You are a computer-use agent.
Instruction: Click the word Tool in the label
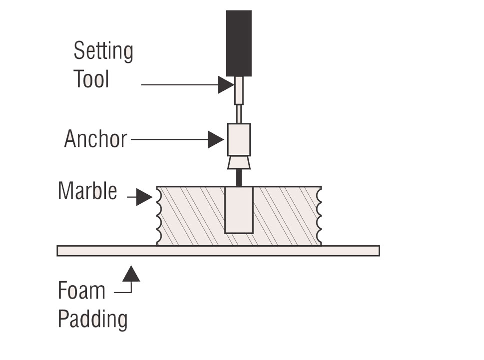[x=91, y=78]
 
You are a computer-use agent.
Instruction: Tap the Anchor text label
[x=95, y=139]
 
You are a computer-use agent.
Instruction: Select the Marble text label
[x=87, y=191]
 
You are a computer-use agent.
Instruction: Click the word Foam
[x=81, y=291]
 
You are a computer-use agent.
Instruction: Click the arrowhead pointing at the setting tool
[x=226, y=85]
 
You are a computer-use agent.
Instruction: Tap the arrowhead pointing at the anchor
[x=215, y=140]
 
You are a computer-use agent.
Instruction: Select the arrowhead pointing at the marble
[x=144, y=198]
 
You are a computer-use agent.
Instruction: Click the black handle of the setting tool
[x=239, y=43]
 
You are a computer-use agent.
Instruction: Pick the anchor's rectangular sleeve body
[x=239, y=140]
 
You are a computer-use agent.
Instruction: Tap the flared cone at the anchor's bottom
[x=239, y=163]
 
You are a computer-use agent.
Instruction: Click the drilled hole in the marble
[x=239, y=210]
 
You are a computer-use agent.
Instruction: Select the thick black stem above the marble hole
[x=239, y=178]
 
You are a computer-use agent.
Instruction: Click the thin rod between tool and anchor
[x=239, y=114]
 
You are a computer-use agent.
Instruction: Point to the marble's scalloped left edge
[x=159, y=216]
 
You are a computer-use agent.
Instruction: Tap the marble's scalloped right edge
[x=320, y=216]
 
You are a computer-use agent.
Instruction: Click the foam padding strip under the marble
[x=218, y=251]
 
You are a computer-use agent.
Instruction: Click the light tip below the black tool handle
[x=239, y=90]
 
